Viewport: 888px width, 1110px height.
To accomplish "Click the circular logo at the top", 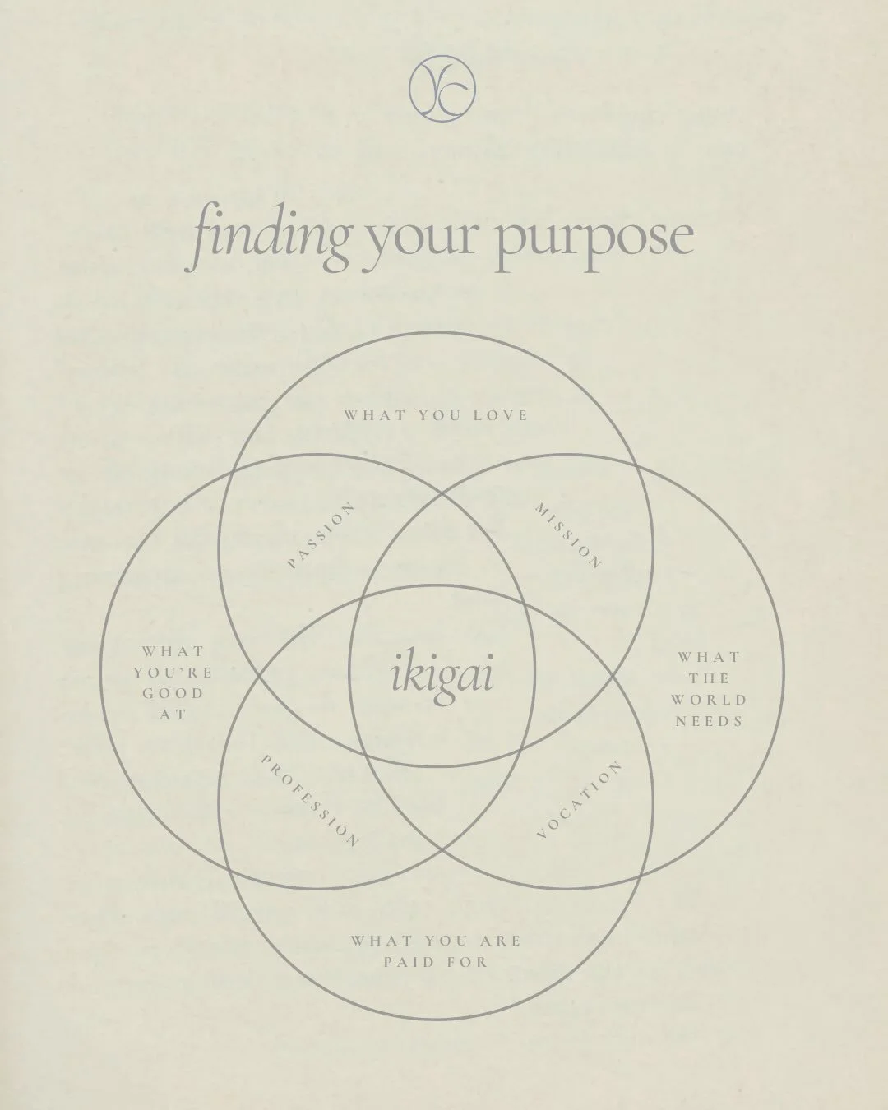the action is tap(442, 89).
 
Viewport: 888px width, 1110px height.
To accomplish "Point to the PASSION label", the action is tap(321, 535).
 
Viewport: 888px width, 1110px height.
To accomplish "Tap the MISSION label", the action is tap(567, 535).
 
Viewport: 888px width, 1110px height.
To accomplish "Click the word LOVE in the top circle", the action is tap(501, 416).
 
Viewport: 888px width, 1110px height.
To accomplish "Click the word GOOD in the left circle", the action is tap(173, 694).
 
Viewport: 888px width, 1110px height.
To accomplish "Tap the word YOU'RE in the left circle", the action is tap(173, 673).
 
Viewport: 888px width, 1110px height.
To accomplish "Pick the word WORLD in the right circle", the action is tap(709, 700).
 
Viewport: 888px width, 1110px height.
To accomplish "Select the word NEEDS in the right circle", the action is tap(709, 721).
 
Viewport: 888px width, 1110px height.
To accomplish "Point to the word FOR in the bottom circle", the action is tap(468, 962).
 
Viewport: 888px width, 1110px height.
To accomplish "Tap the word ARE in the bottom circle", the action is tap(501, 941).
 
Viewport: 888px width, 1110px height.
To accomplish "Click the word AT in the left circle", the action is tap(173, 715).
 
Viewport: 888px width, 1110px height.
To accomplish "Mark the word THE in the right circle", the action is tap(710, 679).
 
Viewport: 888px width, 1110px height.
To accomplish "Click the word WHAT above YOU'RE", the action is tap(173, 651).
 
